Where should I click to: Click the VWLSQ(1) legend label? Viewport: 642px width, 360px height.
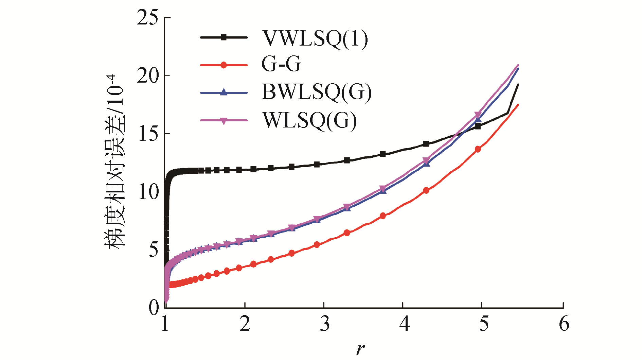point(315,39)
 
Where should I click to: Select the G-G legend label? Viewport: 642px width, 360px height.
point(281,64)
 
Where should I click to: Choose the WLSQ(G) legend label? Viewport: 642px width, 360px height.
point(310,120)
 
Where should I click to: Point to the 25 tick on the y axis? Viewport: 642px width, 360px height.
point(148,18)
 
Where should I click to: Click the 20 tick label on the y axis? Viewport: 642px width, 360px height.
point(148,75)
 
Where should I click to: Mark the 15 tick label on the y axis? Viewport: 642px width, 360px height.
point(148,134)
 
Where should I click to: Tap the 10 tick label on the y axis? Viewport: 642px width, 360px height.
point(148,192)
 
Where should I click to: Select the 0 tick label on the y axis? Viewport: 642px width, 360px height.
point(154,308)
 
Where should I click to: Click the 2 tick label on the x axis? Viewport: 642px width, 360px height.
point(245,324)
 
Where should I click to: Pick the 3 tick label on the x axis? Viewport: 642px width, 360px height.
point(324,324)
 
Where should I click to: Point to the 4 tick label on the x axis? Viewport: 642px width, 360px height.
point(404,324)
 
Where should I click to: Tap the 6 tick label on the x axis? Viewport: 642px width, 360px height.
point(564,324)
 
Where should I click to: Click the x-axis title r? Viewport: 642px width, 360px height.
point(360,349)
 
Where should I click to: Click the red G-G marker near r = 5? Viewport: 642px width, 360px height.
point(478,149)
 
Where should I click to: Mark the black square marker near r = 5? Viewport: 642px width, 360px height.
point(478,126)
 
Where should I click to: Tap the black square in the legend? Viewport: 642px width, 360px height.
point(224,37)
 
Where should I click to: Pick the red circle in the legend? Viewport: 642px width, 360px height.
point(224,65)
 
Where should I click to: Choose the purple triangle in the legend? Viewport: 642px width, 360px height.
point(224,121)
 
